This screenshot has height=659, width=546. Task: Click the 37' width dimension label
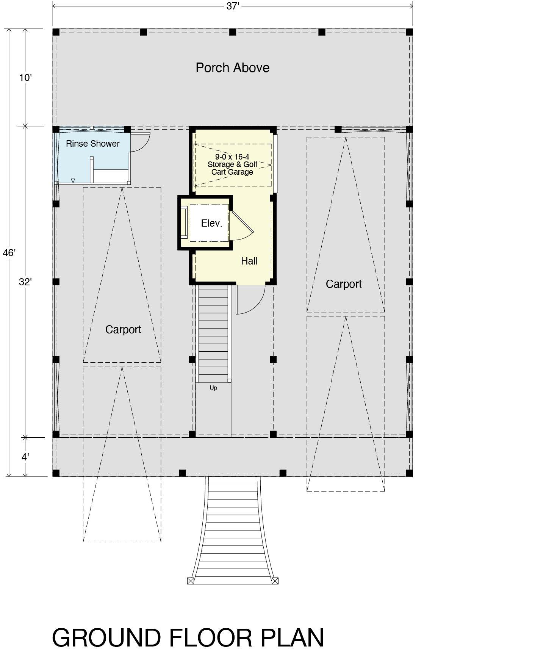pyautogui.click(x=233, y=7)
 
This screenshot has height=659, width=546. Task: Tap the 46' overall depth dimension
pyautogui.click(x=9, y=253)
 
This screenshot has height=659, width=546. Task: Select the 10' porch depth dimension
pyautogui.click(x=25, y=78)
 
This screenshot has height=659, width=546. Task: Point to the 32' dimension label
pyautogui.click(x=25, y=282)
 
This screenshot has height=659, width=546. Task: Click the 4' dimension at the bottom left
pyautogui.click(x=25, y=457)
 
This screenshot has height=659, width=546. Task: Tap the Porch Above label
pyautogui.click(x=232, y=68)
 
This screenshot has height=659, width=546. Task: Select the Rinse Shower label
pyautogui.click(x=92, y=144)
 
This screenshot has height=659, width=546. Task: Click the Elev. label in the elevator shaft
pyautogui.click(x=211, y=223)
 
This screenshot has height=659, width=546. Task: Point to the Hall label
pyautogui.click(x=249, y=261)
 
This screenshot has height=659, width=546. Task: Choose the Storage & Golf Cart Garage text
pyautogui.click(x=232, y=164)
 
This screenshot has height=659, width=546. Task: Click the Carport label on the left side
pyautogui.click(x=123, y=330)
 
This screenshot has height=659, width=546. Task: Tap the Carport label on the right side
pyautogui.click(x=344, y=284)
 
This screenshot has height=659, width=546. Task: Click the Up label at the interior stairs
pyautogui.click(x=213, y=388)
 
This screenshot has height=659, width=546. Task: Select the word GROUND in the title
pyautogui.click(x=106, y=638)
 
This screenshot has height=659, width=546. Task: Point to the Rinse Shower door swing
pyautogui.click(x=141, y=142)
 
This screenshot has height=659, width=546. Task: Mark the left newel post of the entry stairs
pyautogui.click(x=191, y=581)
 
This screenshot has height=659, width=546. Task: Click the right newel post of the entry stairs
pyautogui.click(x=275, y=581)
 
